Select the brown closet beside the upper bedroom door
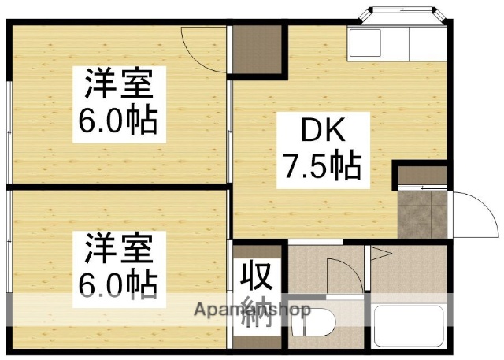pos(256,52)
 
